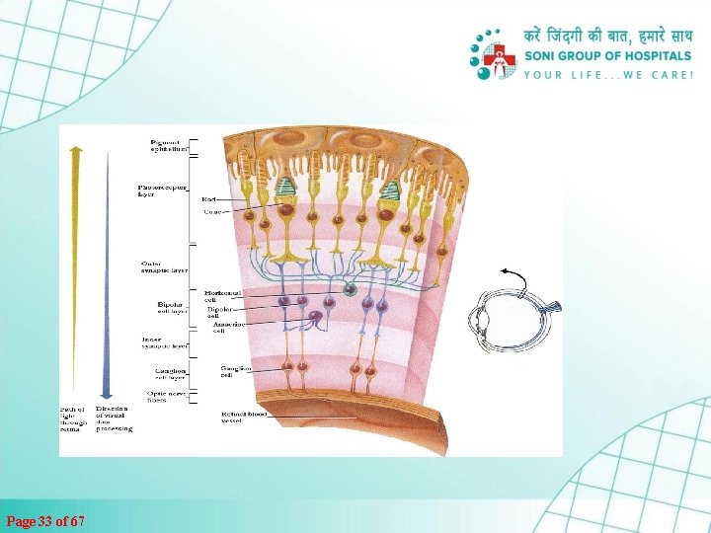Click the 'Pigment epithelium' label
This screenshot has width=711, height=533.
pos(169,146)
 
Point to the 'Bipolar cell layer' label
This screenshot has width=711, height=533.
pos(171,309)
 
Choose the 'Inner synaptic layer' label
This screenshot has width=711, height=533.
pos(164,343)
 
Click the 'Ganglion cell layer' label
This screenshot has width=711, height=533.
pos(169,374)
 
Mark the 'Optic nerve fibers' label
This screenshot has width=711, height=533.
pos(164,397)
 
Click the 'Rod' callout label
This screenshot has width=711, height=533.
pos(209,198)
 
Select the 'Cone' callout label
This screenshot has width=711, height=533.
pos(211,210)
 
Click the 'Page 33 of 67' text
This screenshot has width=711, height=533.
pos(45,520)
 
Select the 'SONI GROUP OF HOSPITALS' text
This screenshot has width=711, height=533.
pos(607,56)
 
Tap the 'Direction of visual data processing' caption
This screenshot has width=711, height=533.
pos(114,419)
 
